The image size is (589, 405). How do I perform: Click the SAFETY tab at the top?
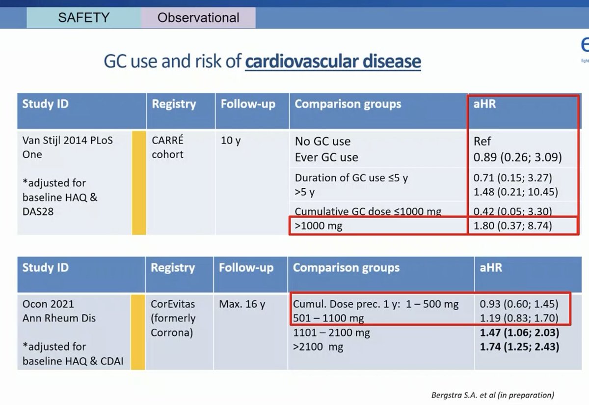click(83, 18)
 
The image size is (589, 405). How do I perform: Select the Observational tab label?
click(198, 18)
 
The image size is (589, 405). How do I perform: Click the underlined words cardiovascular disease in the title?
click(333, 61)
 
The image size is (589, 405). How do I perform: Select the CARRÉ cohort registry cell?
click(168, 147)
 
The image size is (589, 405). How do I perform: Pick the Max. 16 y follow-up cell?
click(242, 304)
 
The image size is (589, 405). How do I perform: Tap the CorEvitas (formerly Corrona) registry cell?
click(173, 318)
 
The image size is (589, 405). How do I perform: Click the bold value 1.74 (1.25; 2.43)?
click(520, 347)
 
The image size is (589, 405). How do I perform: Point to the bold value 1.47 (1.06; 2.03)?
click(520, 333)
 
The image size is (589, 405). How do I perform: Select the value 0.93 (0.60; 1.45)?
click(519, 304)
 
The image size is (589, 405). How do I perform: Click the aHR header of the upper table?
click(485, 104)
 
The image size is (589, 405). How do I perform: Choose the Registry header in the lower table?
click(172, 268)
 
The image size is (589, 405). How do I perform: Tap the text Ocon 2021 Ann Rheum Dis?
click(59, 311)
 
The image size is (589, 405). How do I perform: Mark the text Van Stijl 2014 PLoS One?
click(67, 147)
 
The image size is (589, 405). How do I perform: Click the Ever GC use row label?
click(326, 157)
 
